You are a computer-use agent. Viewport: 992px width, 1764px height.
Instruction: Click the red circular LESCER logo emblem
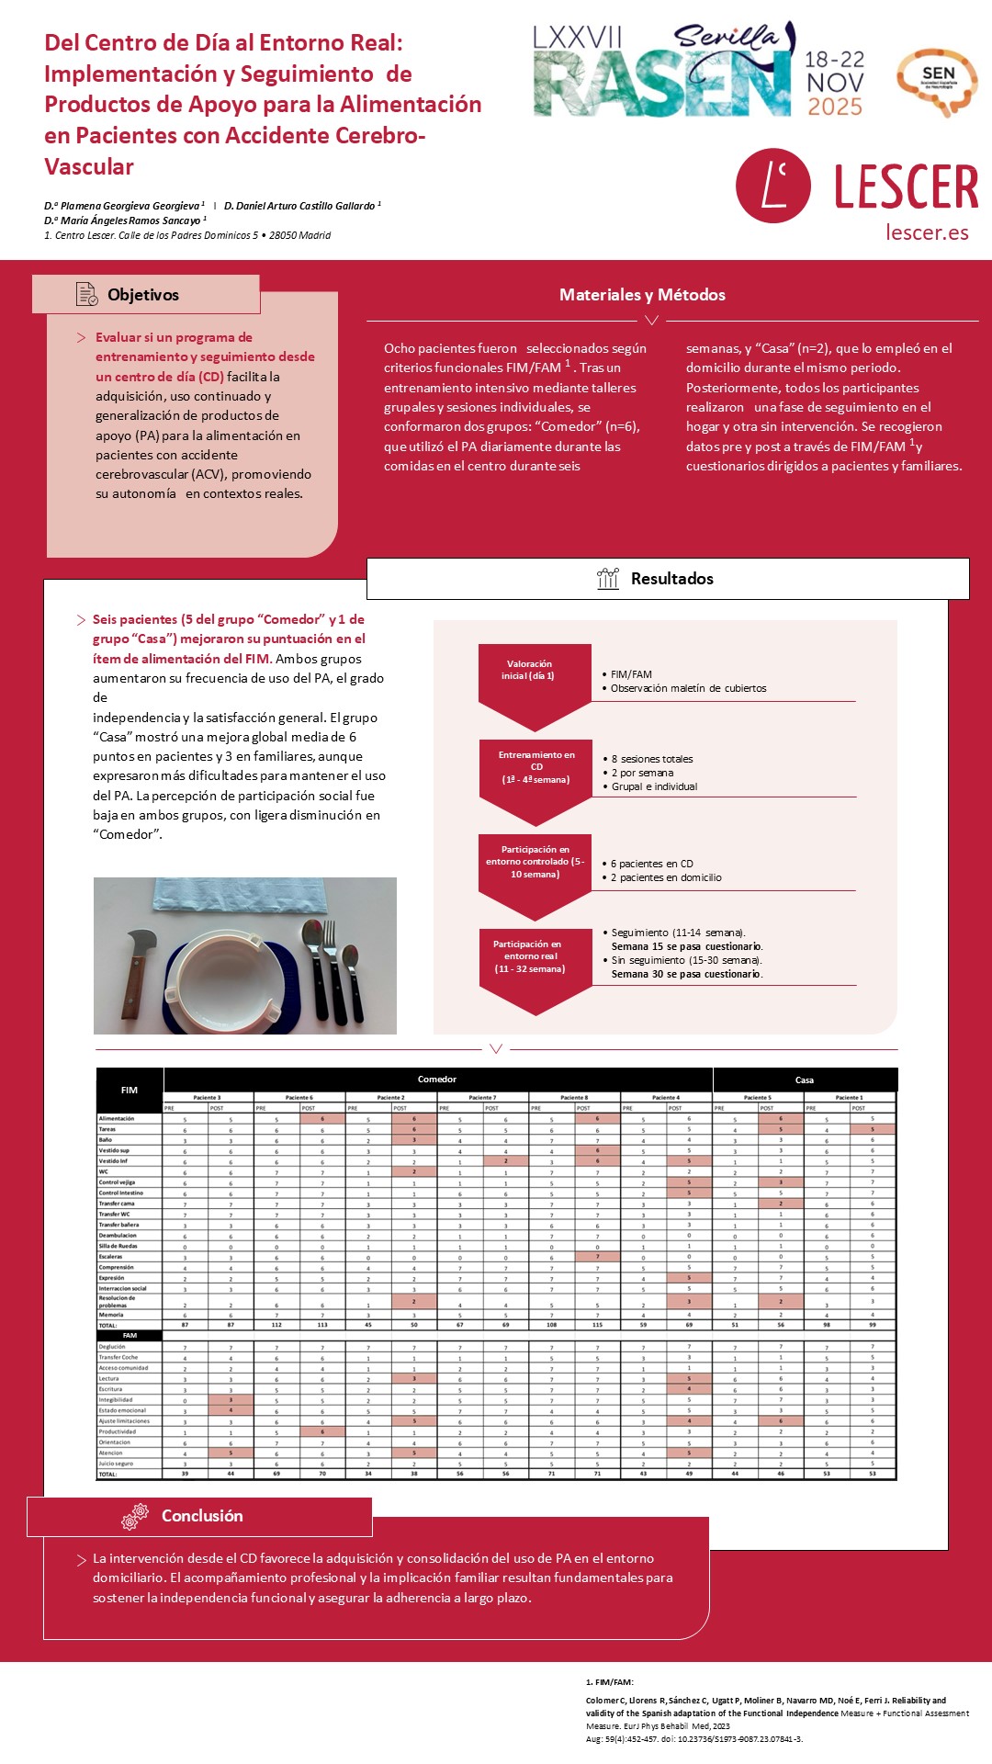[772, 186]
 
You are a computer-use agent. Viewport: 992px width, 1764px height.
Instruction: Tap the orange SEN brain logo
[938, 81]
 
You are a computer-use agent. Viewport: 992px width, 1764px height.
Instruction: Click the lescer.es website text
[927, 232]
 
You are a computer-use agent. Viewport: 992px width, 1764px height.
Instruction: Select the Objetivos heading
[143, 295]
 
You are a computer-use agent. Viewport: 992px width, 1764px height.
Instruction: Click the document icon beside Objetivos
[86, 294]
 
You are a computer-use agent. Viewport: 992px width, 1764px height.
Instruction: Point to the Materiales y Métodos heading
[642, 295]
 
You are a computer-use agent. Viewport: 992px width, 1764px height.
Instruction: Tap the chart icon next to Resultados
[608, 578]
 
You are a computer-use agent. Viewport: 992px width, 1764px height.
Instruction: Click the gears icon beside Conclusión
[135, 1516]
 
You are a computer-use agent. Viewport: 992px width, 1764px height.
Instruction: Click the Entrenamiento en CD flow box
[535, 768]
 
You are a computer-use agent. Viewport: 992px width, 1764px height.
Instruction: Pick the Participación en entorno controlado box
[535, 863]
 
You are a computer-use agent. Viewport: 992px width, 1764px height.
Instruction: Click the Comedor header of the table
[437, 1080]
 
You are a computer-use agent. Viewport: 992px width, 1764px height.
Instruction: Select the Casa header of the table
[804, 1080]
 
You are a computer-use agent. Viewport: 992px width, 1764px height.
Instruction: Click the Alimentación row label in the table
[117, 1118]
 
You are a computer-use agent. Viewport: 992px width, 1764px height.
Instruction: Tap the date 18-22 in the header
[834, 60]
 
